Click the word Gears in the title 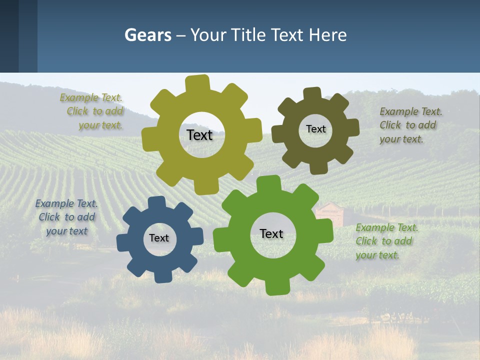point(147,35)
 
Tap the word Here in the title point(328,35)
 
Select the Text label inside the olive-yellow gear point(199,135)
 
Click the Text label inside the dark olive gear point(315,129)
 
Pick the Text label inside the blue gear point(159,238)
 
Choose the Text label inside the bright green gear point(271,233)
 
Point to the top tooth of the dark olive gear point(312,93)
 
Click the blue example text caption point(66,217)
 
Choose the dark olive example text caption point(410,125)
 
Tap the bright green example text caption point(386,241)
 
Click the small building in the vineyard point(329,213)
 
